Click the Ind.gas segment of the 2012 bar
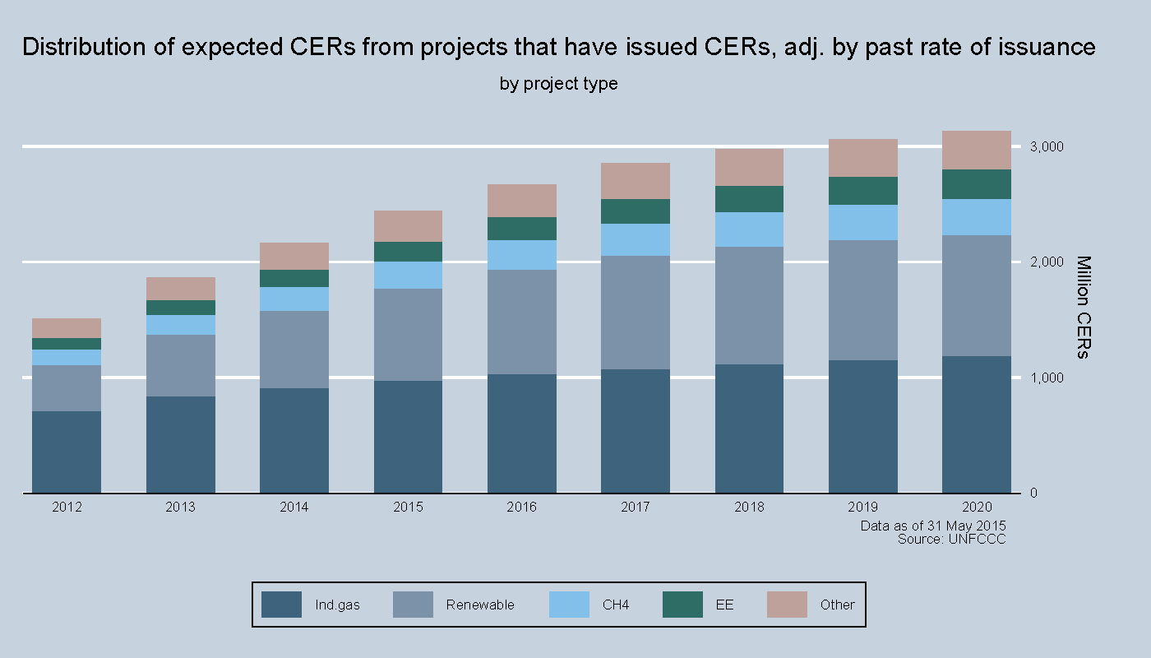[67, 452]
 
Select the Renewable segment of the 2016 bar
[522, 322]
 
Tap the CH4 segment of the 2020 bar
[977, 217]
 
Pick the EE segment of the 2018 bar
[749, 199]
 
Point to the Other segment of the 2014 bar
[294, 256]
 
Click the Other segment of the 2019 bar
[863, 158]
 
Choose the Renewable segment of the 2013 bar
[181, 365]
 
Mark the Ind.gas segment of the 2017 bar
[636, 431]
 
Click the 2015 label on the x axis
[408, 507]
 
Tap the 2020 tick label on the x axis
[977, 507]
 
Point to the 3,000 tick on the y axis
[1045, 147]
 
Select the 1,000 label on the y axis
[1045, 378]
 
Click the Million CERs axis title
[1083, 308]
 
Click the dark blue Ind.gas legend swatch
[281, 605]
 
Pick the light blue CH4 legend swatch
[569, 605]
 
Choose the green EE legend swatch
[682, 605]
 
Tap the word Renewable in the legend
[480, 605]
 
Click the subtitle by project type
[558, 84]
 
